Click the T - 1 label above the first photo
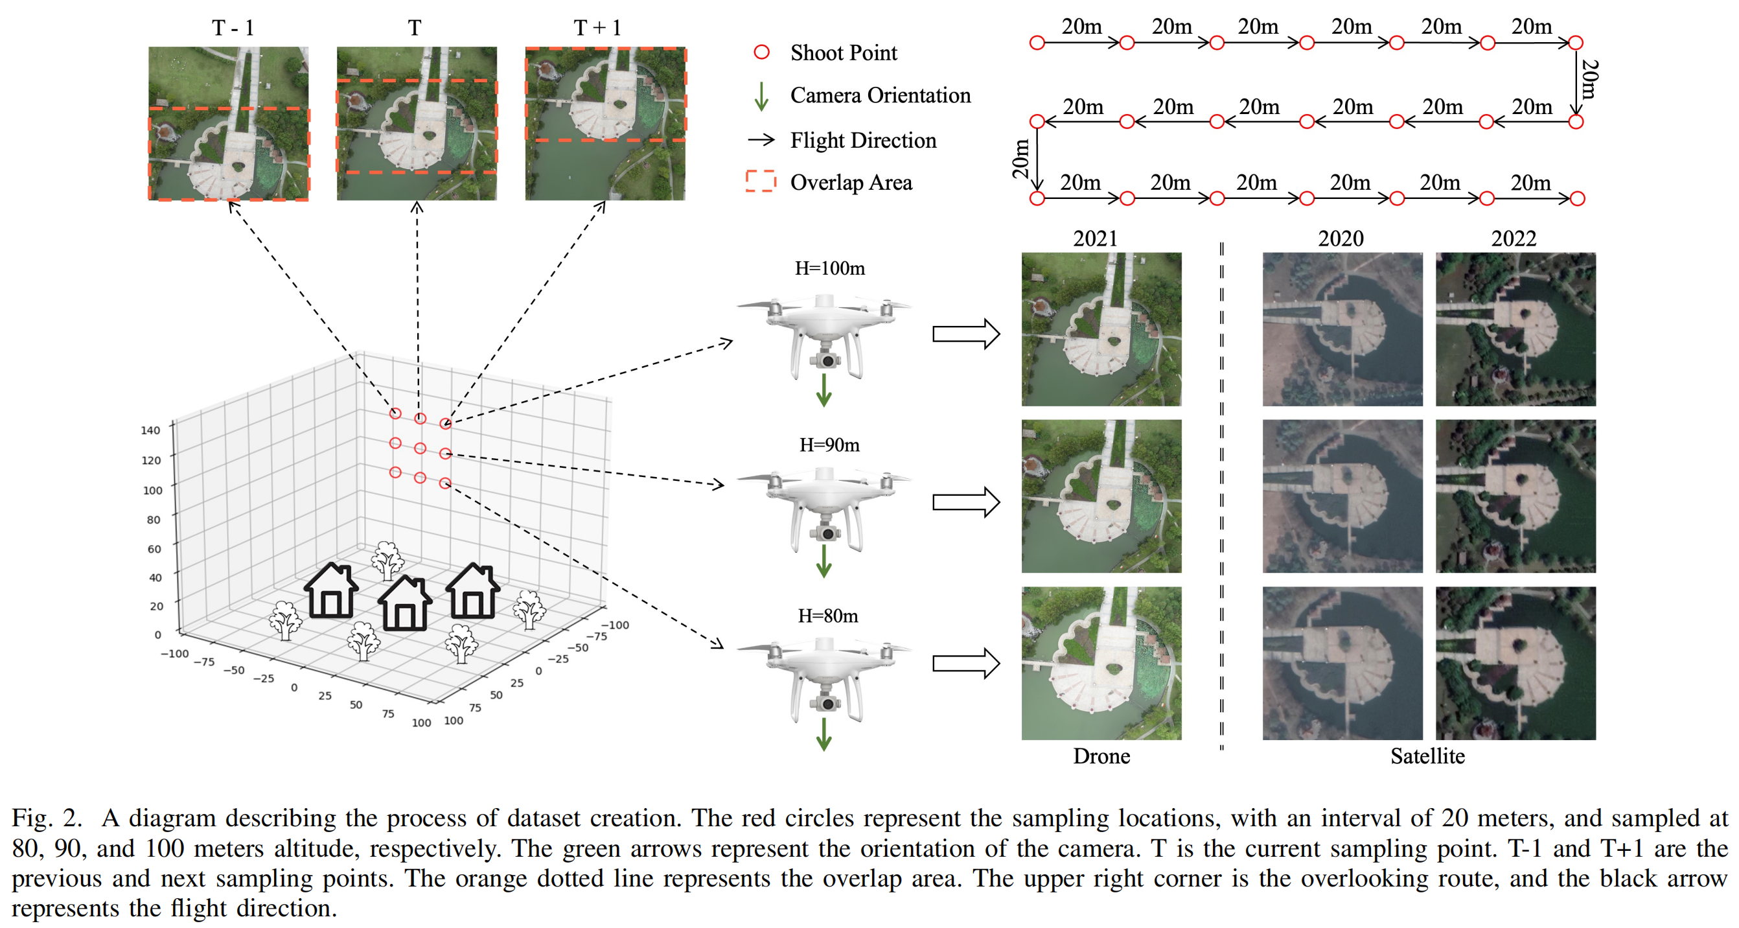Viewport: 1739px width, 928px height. pos(233,28)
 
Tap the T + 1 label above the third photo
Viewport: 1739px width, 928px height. pos(597,28)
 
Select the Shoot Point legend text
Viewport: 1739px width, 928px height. pos(843,52)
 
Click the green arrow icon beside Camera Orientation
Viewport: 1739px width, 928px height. pos(761,96)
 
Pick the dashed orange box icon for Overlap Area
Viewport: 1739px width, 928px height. pos(761,181)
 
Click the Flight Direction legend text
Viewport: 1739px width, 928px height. pos(863,140)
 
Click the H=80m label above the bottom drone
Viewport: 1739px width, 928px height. pos(827,615)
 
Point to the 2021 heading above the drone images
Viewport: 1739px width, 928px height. pos(1095,238)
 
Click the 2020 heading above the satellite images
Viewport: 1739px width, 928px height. pos(1340,238)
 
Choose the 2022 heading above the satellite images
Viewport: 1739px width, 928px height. pos(1513,238)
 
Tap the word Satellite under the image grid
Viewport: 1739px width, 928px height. pos(1427,756)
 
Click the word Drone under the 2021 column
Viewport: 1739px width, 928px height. pos(1101,756)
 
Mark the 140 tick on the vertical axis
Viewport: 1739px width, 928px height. pos(150,430)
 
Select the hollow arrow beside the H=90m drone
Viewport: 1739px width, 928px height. pos(965,502)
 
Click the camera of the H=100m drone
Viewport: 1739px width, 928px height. pos(827,362)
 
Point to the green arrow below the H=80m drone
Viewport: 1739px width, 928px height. pos(823,734)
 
